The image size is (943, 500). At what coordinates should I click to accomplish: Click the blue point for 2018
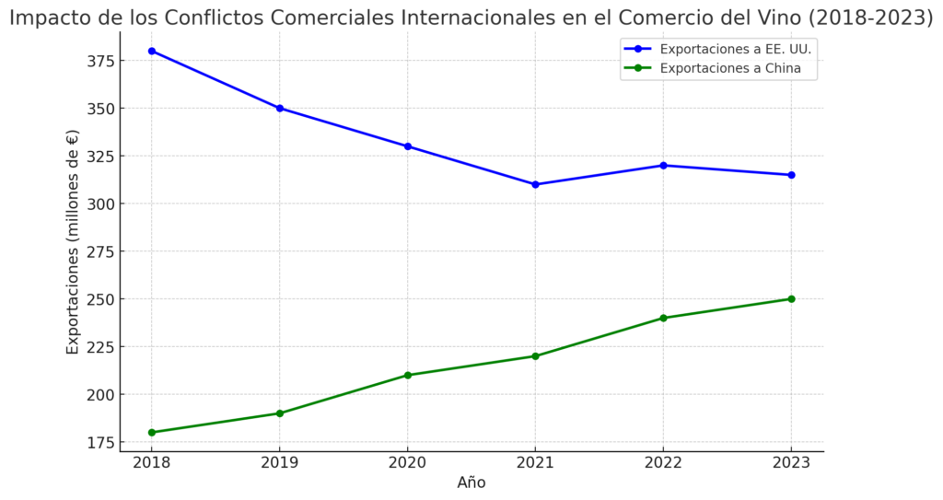click(x=152, y=51)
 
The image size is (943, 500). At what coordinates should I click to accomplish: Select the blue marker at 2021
click(x=535, y=184)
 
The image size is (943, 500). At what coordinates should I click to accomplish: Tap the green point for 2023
click(x=791, y=298)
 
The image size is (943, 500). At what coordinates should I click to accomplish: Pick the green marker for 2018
click(x=152, y=432)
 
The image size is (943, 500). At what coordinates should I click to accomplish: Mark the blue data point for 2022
click(x=663, y=166)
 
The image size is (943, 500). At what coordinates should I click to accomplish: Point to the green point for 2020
click(x=408, y=375)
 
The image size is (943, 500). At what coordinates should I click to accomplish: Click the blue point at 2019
click(x=280, y=108)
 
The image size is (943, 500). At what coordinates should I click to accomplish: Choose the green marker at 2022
click(x=663, y=318)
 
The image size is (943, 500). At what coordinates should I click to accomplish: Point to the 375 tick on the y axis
click(x=100, y=61)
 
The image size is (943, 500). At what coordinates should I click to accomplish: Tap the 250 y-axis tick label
click(x=100, y=299)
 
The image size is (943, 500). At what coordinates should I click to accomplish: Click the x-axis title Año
click(x=471, y=483)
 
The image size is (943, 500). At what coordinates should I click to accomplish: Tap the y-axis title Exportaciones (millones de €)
click(x=73, y=241)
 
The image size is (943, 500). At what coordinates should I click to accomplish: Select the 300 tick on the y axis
click(x=100, y=203)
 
